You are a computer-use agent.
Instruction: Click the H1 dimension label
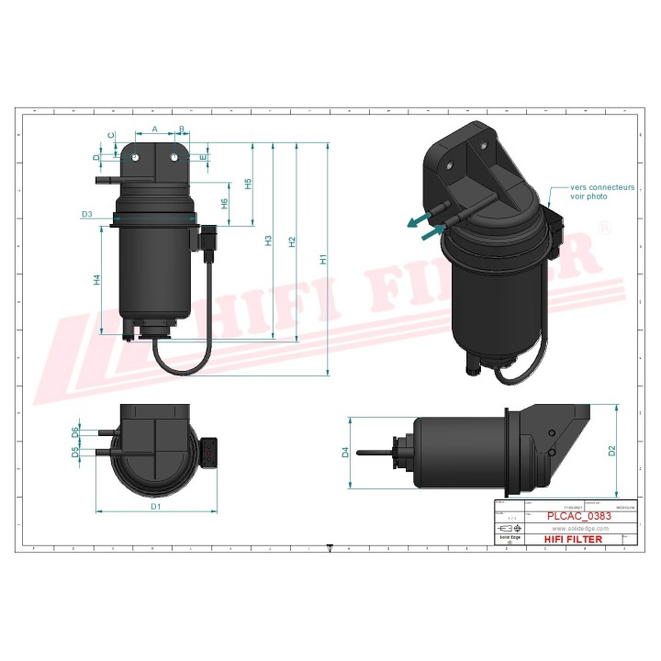click(322, 260)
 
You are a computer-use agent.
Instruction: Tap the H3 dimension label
click(268, 241)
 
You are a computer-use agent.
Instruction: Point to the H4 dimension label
click(97, 280)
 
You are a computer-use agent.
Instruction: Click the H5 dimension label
click(248, 185)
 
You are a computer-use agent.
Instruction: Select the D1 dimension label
click(156, 506)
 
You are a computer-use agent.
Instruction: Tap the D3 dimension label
click(86, 214)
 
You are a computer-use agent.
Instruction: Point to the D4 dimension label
click(345, 452)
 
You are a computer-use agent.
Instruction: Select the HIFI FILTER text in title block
click(573, 540)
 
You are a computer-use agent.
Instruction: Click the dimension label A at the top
click(154, 129)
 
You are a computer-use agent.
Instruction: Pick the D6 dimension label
click(75, 431)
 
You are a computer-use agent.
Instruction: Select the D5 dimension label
click(75, 451)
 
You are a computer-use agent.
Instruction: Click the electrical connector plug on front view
click(210, 242)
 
